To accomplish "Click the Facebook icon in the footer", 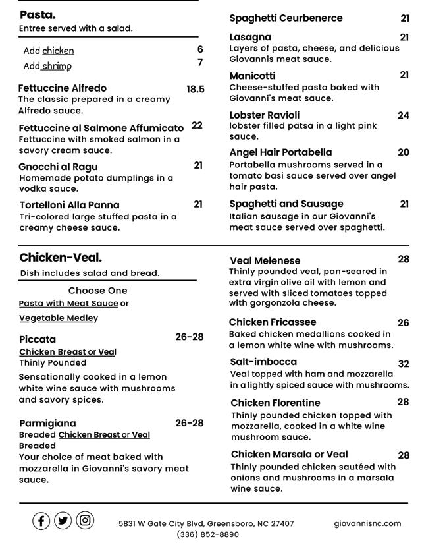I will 41,521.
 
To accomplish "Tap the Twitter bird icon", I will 63,521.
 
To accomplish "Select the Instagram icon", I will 85,521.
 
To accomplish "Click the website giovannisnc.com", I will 367,523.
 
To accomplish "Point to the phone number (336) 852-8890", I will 207,534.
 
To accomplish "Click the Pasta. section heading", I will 38,14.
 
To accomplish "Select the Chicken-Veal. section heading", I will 61,258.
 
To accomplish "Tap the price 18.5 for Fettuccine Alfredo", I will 196,89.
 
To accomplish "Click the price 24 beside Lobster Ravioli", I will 404,115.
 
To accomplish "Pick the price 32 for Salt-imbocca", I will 404,364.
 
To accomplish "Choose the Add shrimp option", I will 47,66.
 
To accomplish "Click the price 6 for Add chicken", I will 200,49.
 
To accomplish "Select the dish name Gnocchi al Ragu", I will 59,167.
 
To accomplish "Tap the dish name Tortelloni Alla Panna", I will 70,205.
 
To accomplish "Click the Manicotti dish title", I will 252,76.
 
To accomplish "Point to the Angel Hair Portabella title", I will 280,152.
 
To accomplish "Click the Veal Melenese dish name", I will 265,260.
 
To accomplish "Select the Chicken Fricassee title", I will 273,322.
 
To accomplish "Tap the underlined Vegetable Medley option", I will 59,318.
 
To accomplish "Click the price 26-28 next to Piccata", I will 190,337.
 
